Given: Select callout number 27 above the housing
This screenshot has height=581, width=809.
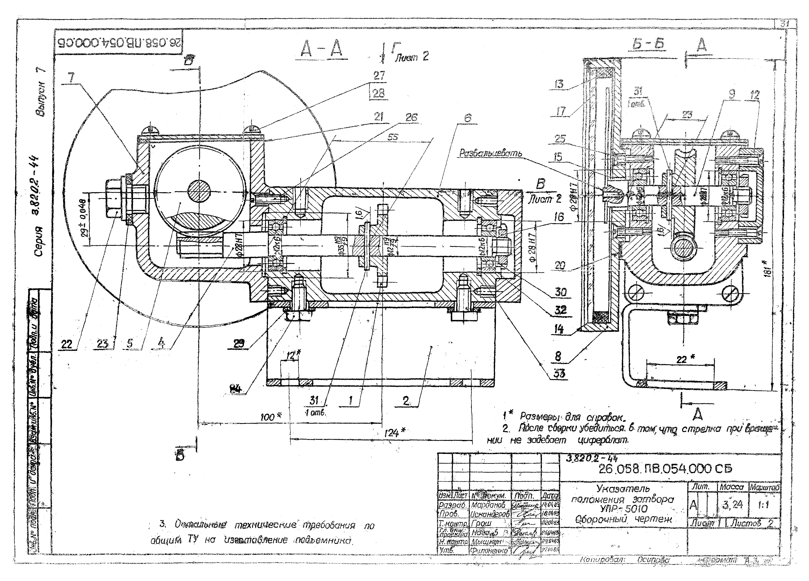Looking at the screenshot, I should (379, 76).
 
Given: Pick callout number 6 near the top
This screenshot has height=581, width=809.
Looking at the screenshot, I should (468, 118).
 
